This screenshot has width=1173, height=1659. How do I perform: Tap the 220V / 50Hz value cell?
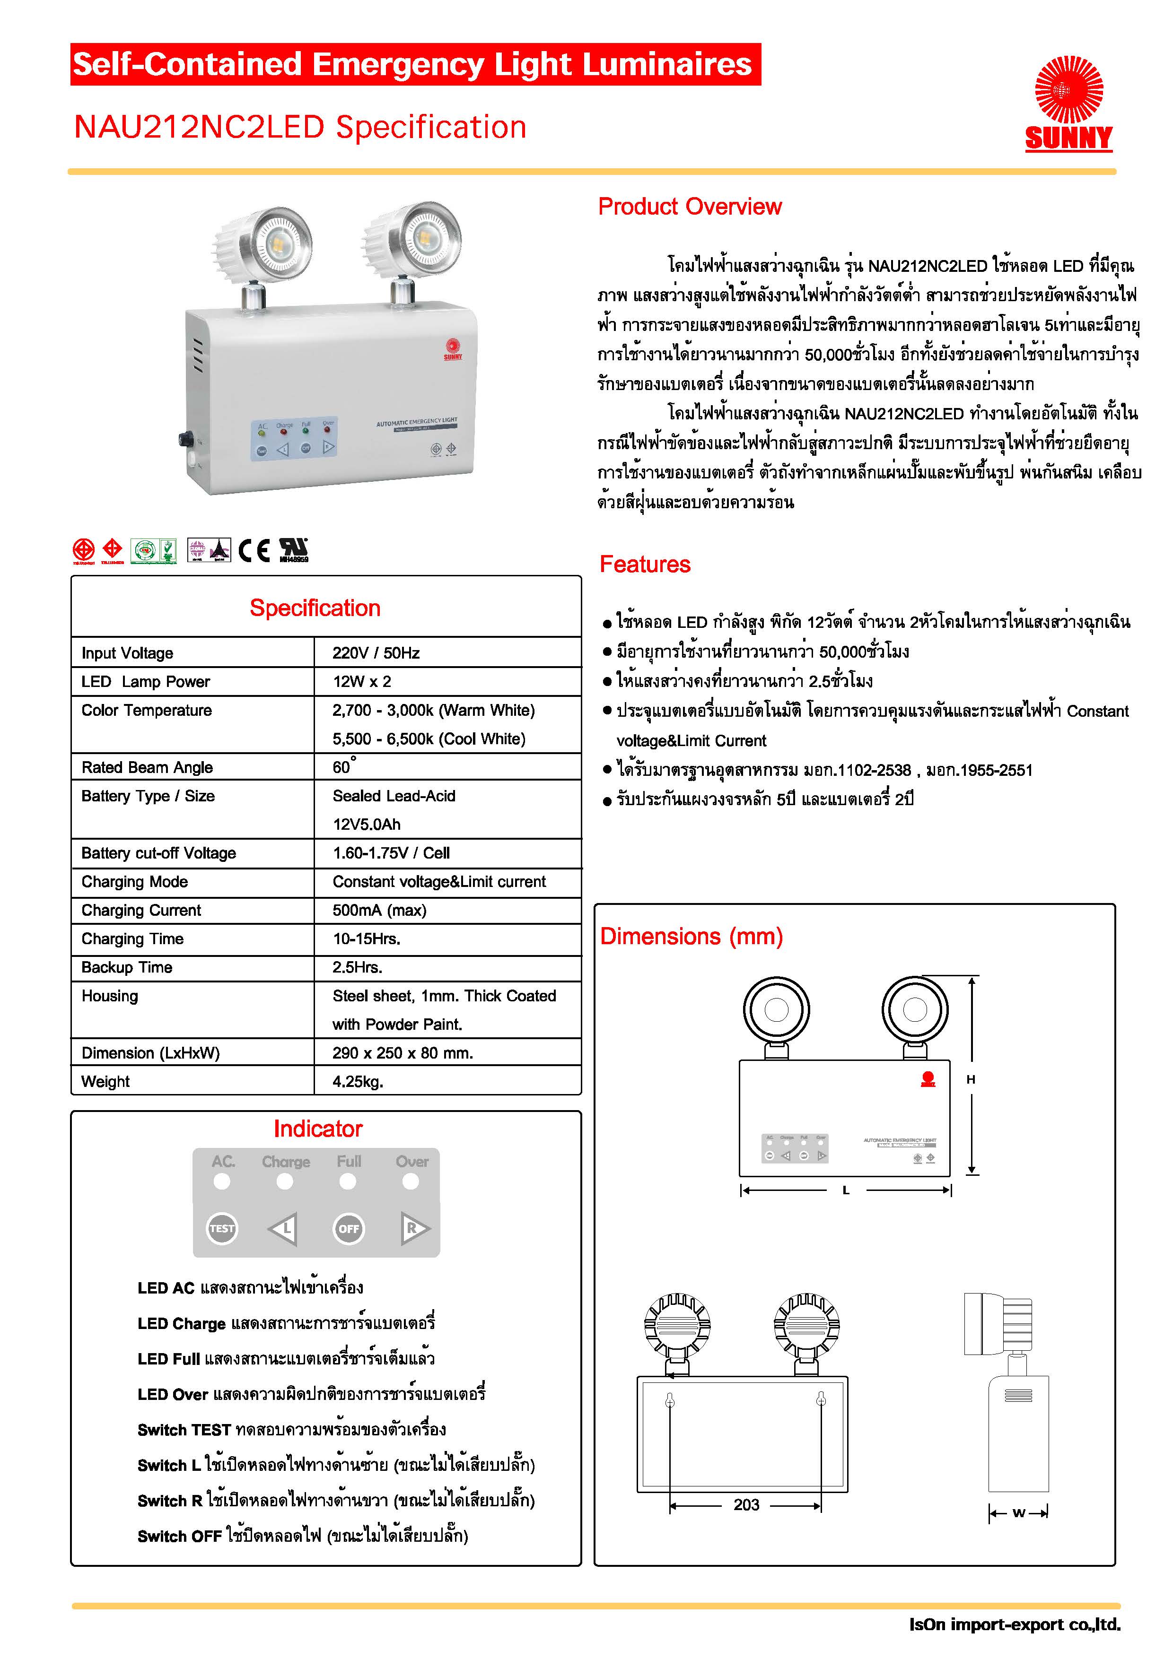coord(376,652)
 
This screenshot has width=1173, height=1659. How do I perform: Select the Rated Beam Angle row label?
coord(147,767)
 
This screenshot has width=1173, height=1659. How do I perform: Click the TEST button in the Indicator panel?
coord(222,1228)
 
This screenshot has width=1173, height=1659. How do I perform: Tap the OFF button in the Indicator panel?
coord(349,1228)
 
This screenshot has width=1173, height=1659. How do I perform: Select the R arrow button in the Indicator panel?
coord(413,1228)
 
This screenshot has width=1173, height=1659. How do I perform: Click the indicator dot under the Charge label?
coord(285,1181)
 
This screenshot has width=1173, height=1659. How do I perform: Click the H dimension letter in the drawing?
coord(971,1079)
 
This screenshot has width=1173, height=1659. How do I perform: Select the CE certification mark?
coord(254,551)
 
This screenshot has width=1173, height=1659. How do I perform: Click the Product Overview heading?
coord(690,207)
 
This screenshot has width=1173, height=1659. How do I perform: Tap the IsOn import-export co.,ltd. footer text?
coord(1014,1624)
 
